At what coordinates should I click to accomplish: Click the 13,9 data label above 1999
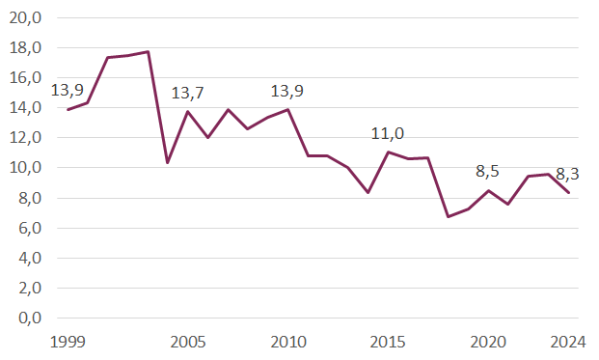(x=67, y=91)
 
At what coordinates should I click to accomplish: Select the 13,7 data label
(x=187, y=93)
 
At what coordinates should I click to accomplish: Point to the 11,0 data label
(x=388, y=133)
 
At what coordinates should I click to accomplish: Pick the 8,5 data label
(x=489, y=172)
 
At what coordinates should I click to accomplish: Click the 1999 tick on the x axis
(x=67, y=343)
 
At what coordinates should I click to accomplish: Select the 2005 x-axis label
(x=187, y=343)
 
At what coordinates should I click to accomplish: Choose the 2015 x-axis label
(x=388, y=343)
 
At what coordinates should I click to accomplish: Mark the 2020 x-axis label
(x=489, y=343)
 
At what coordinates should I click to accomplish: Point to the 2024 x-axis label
(x=569, y=343)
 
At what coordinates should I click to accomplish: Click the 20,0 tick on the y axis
(x=26, y=17)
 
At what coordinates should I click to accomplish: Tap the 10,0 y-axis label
(x=26, y=167)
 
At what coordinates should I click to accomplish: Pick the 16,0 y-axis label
(x=26, y=77)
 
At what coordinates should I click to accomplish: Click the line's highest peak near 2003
(x=148, y=52)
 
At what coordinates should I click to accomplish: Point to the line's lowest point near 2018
(x=449, y=216)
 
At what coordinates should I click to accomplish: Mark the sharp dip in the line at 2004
(x=168, y=162)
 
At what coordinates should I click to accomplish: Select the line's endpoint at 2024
(x=569, y=193)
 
